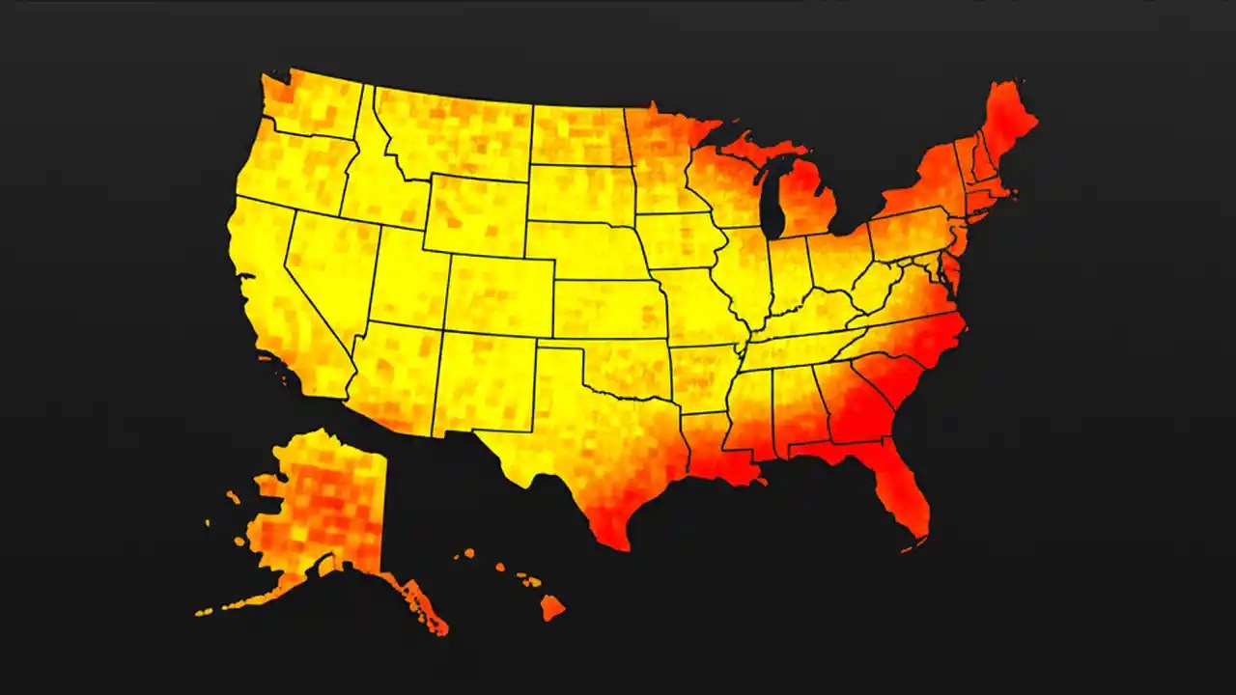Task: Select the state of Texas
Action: [x=579, y=434]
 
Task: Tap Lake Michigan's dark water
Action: [x=772, y=198]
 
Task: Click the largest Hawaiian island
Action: [x=551, y=608]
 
